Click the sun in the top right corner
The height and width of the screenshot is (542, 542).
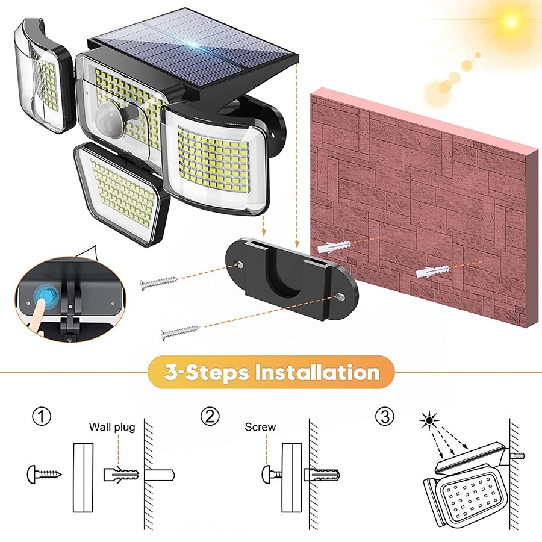(x=511, y=22)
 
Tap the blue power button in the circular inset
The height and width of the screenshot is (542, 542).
(x=45, y=294)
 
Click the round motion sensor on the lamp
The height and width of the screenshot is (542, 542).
(x=112, y=114)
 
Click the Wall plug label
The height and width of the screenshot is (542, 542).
(x=112, y=428)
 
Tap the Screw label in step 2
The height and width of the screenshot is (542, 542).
(x=260, y=428)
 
